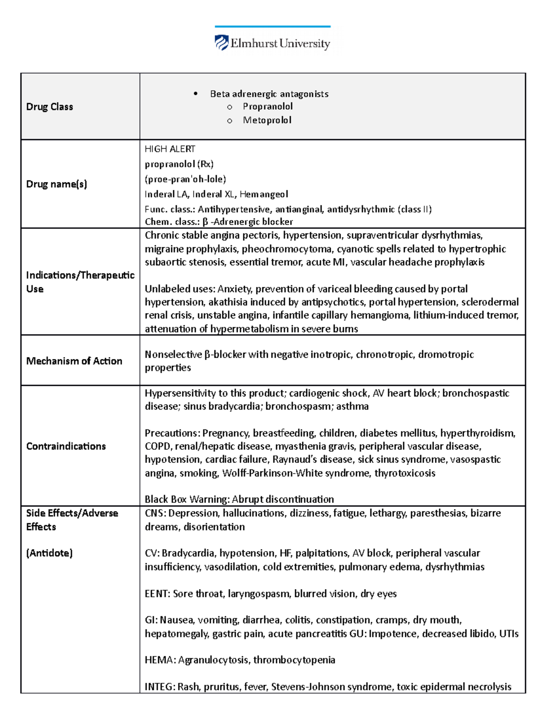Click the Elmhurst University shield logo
[221, 43]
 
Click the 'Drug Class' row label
[50, 107]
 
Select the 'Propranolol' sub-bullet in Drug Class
[267, 106]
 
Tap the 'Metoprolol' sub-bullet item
[267, 120]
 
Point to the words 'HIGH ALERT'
[170, 149]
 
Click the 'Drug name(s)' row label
[57, 184]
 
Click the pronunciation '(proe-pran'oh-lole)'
[185, 179]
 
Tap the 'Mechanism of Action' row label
[74, 361]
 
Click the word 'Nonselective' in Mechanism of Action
[173, 355]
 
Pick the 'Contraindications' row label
[66, 446]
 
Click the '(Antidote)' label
[49, 553]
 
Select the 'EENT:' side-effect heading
[157, 594]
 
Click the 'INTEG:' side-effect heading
[159, 687]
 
